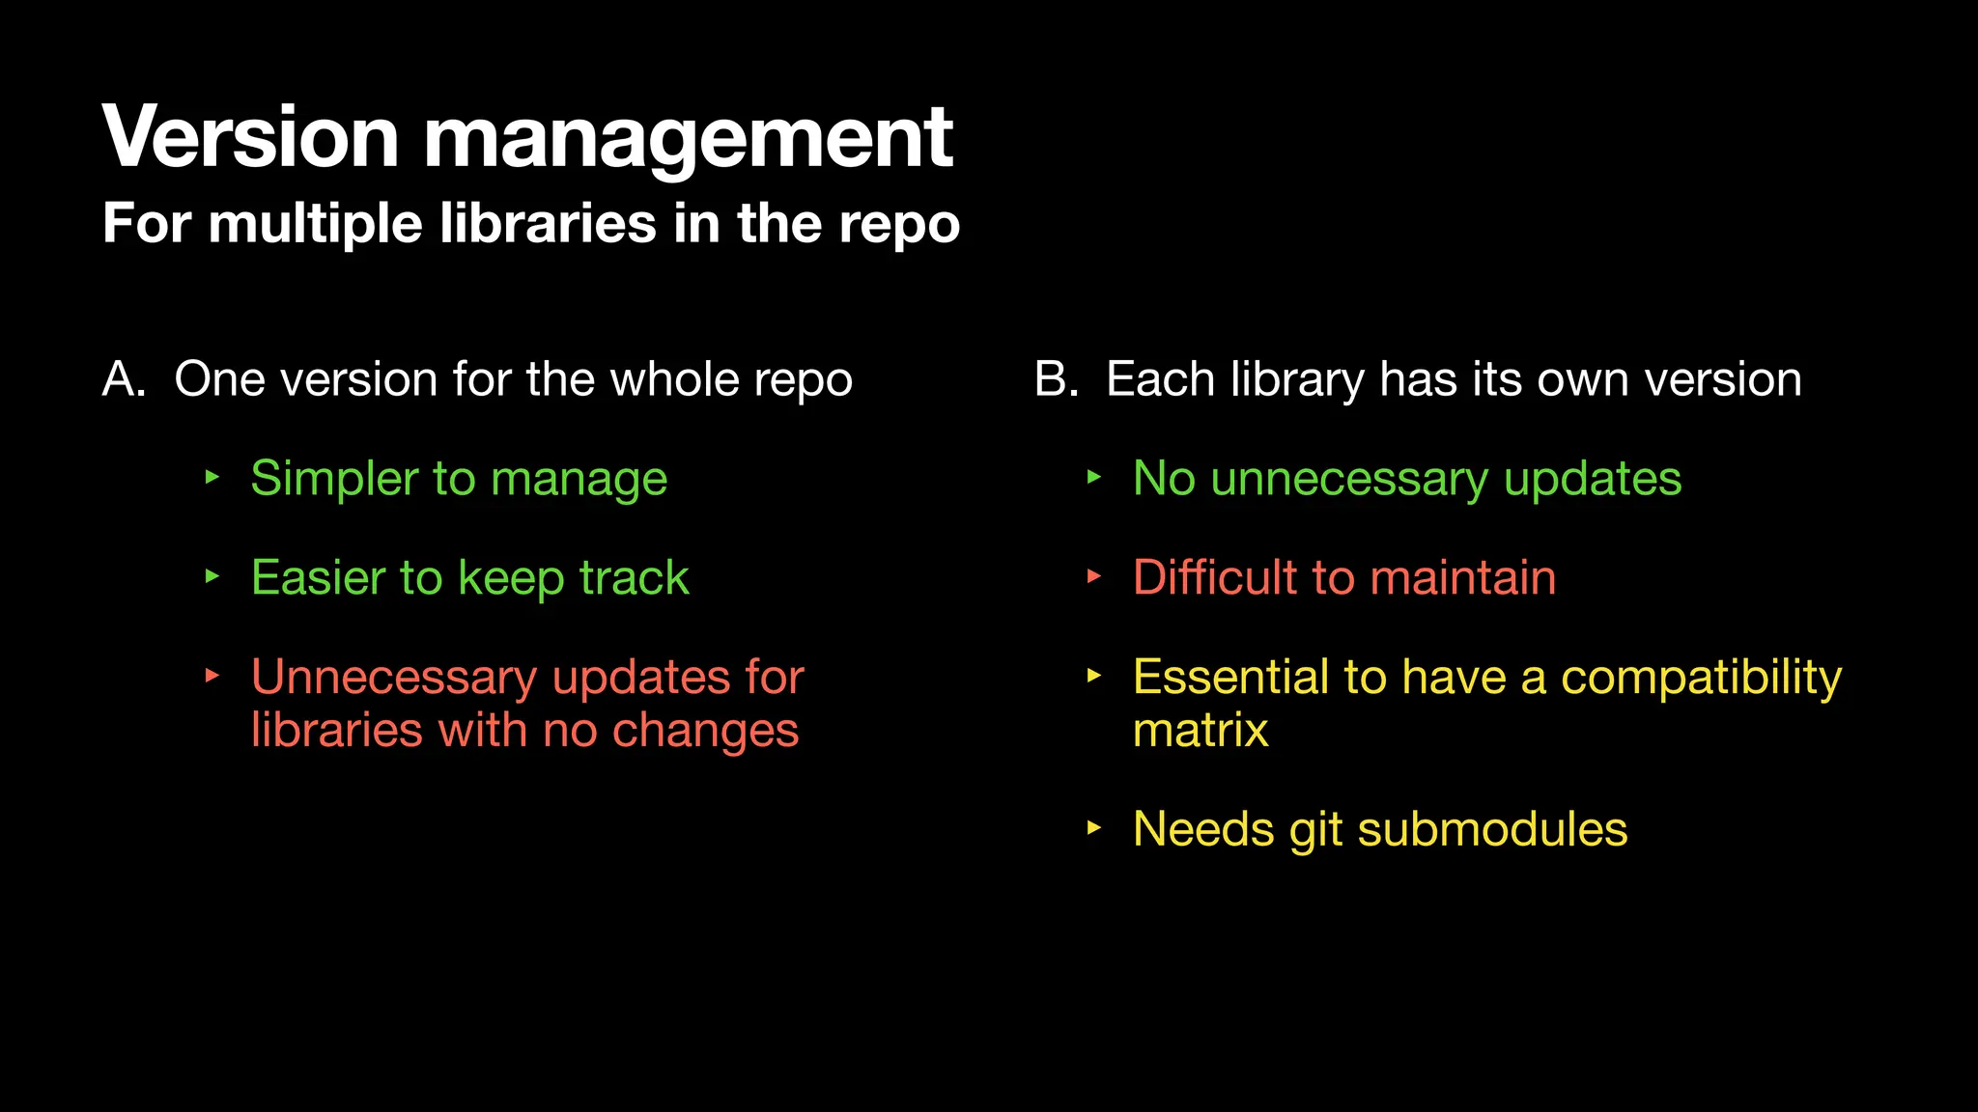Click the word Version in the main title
tap(250, 137)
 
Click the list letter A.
tap(122, 379)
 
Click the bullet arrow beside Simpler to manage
tap(212, 477)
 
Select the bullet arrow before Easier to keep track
tap(212, 576)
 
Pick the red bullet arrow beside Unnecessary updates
tap(212, 676)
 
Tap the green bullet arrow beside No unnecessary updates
tap(1093, 477)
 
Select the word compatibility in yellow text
tap(1701, 678)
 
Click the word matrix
tap(1201, 730)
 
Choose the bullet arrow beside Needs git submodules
tap(1093, 827)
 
